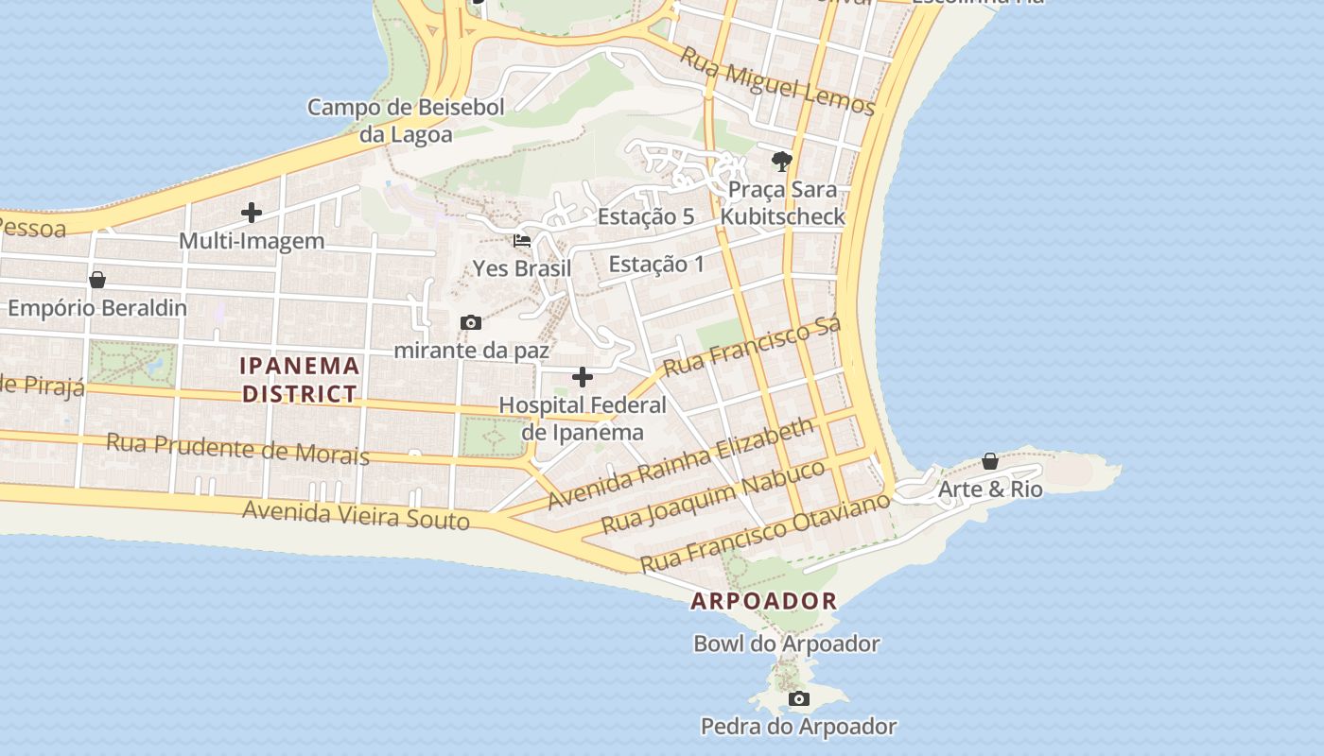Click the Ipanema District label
(301, 379)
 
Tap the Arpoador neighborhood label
(763, 600)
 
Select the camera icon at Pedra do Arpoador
(799, 699)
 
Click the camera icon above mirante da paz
(470, 323)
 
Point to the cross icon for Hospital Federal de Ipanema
(583, 378)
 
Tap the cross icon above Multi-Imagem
(252, 213)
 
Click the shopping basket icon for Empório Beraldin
(96, 281)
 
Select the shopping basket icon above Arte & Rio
(989, 462)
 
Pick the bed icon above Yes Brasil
(522, 241)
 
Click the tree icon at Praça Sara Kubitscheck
(781, 162)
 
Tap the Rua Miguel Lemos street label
(777, 81)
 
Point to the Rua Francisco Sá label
(752, 348)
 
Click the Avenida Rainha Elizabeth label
(680, 463)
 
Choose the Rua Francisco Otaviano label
(765, 531)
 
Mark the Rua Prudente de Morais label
(237, 448)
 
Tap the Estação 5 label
(646, 216)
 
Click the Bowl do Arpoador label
(786, 644)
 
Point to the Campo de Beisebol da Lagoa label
(406, 121)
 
